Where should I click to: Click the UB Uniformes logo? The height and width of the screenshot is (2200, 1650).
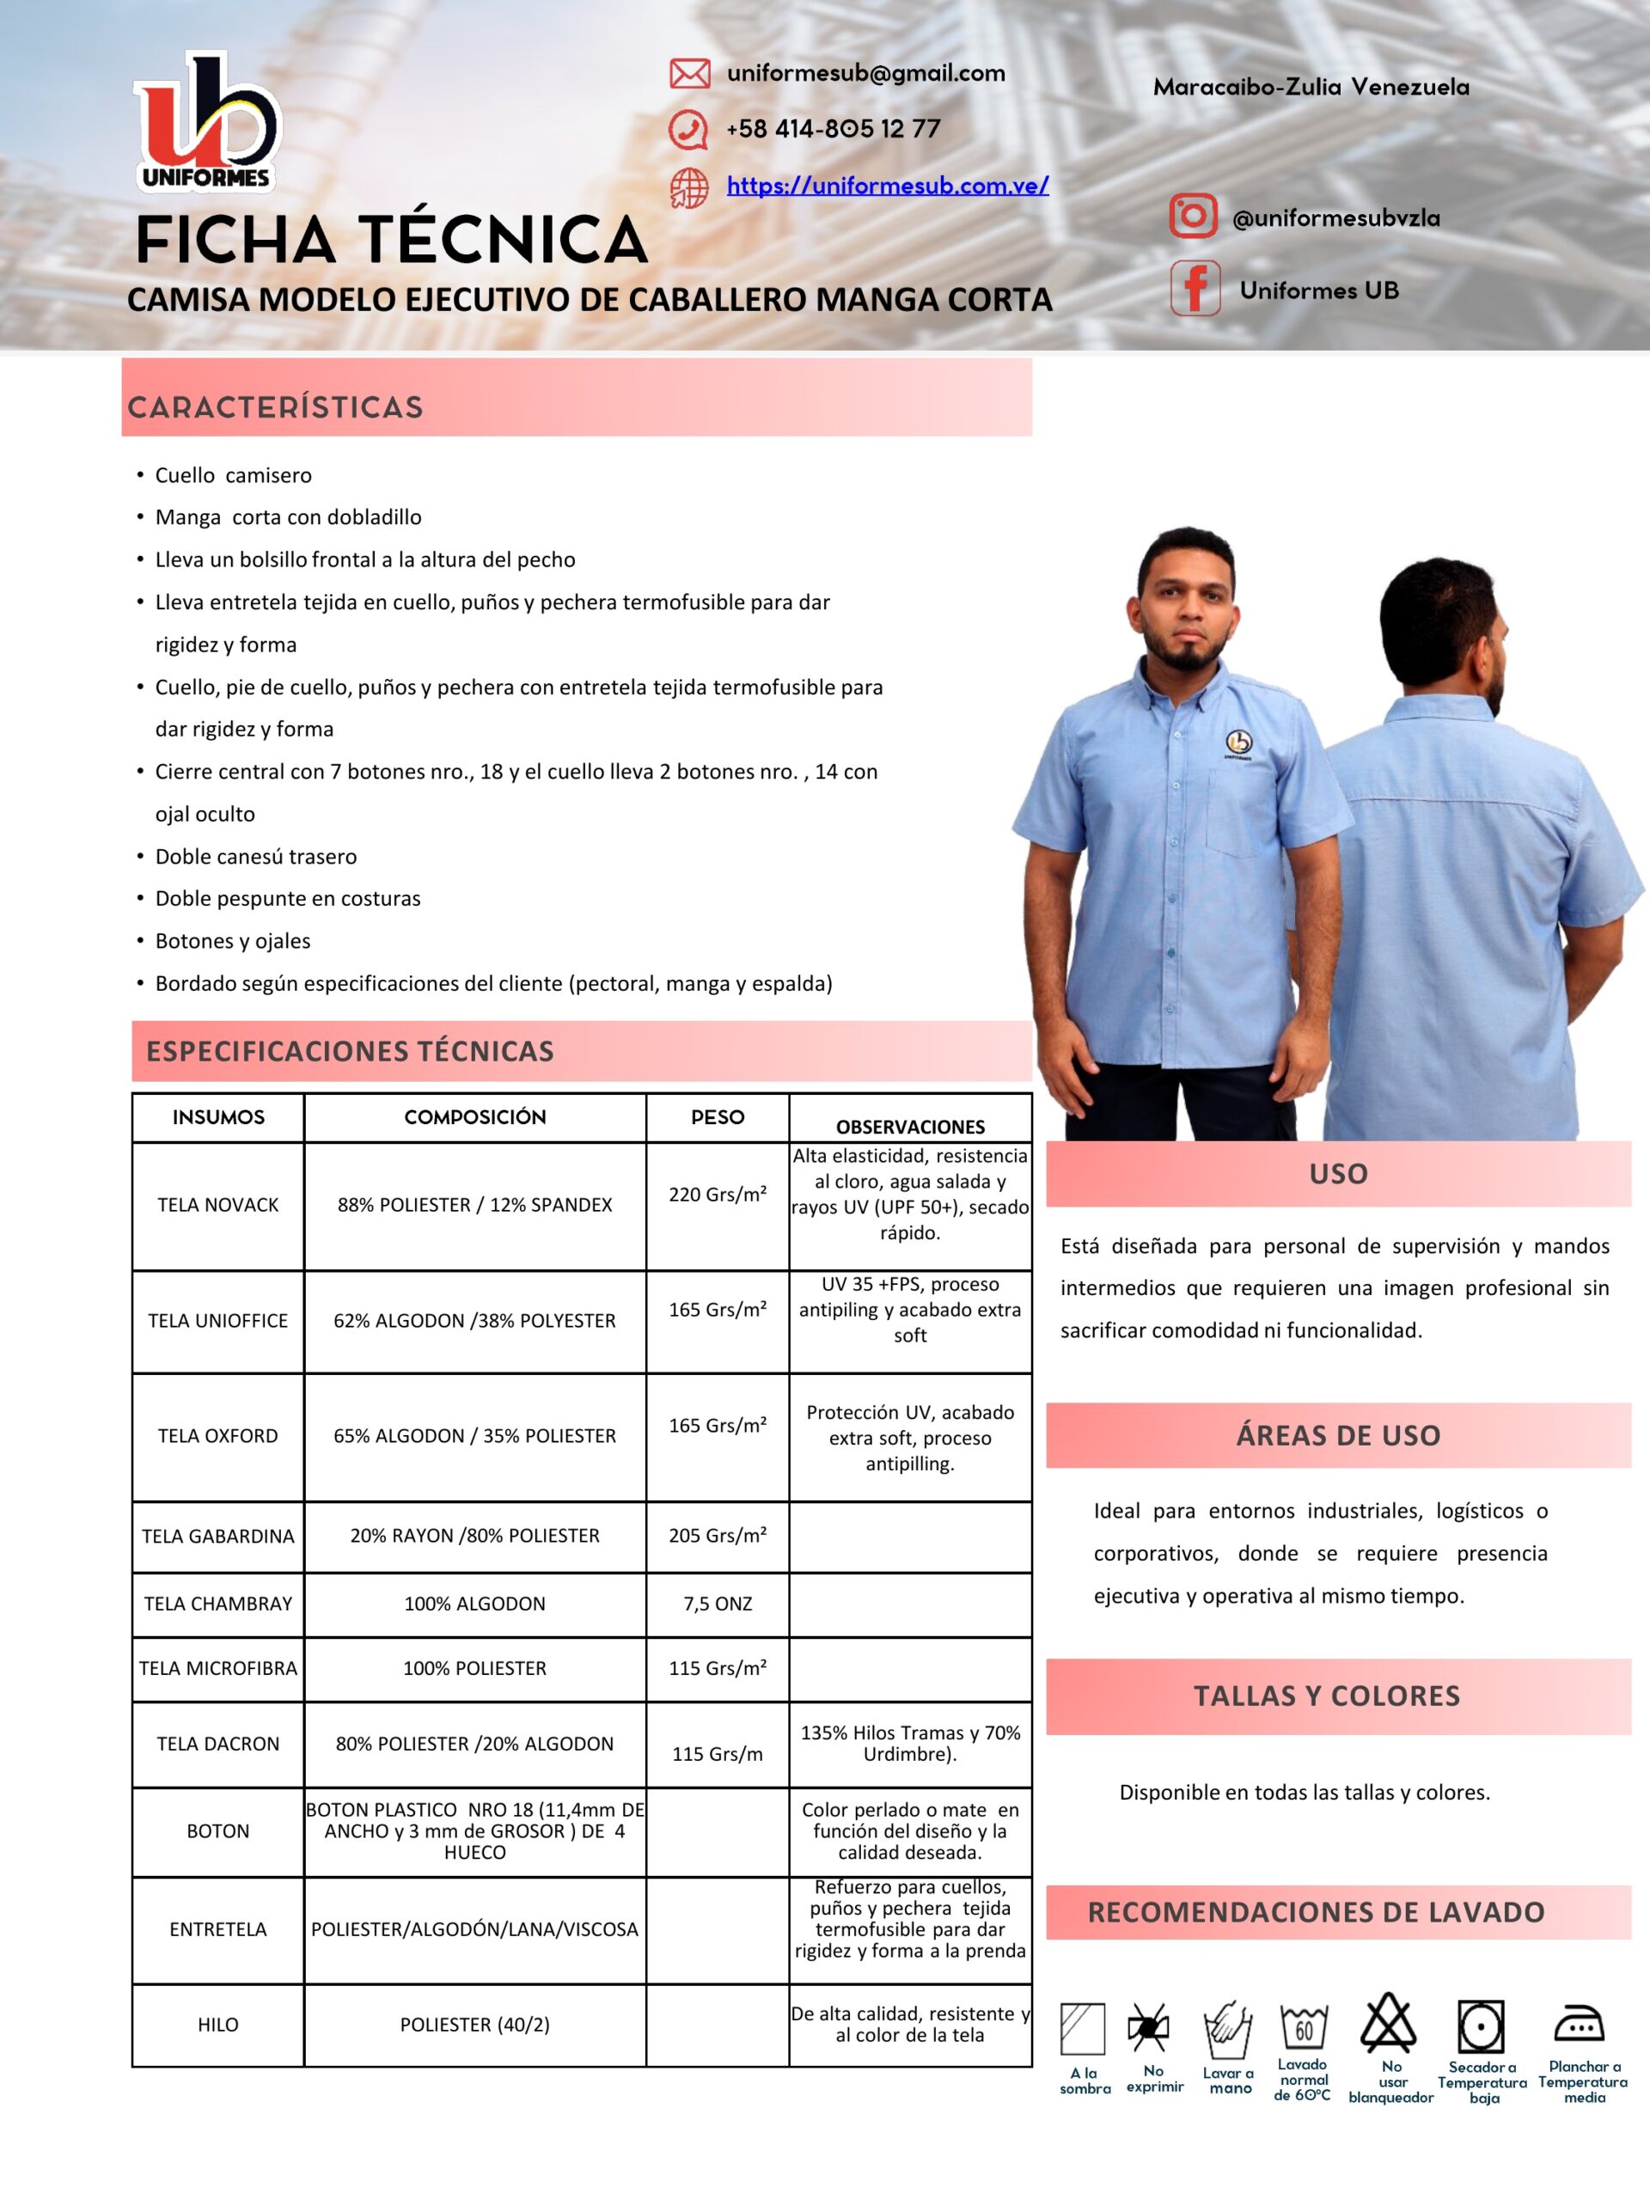207,121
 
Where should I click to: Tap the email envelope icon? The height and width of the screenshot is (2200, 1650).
689,74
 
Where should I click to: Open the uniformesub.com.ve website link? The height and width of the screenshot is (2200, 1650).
887,186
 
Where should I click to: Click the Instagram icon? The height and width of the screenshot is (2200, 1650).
1193,216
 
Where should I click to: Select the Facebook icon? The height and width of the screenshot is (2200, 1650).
1195,289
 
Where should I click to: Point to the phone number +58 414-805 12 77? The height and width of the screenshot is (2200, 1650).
833,129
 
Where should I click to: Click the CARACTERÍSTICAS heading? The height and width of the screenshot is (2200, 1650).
276,406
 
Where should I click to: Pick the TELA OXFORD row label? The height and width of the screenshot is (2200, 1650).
217,1436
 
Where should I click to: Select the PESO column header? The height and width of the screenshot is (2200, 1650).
717,1117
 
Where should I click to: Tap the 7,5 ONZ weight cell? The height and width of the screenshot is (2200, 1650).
717,1604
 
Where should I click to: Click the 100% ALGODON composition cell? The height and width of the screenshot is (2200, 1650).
474,1604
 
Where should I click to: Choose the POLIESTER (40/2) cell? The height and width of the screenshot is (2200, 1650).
474,2024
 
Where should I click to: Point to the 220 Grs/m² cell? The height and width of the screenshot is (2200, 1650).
717,1195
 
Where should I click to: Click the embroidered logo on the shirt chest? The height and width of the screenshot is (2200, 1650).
1238,742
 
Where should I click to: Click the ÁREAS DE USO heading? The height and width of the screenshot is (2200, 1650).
1338,1435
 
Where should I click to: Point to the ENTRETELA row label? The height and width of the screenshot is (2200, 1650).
217,1929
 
